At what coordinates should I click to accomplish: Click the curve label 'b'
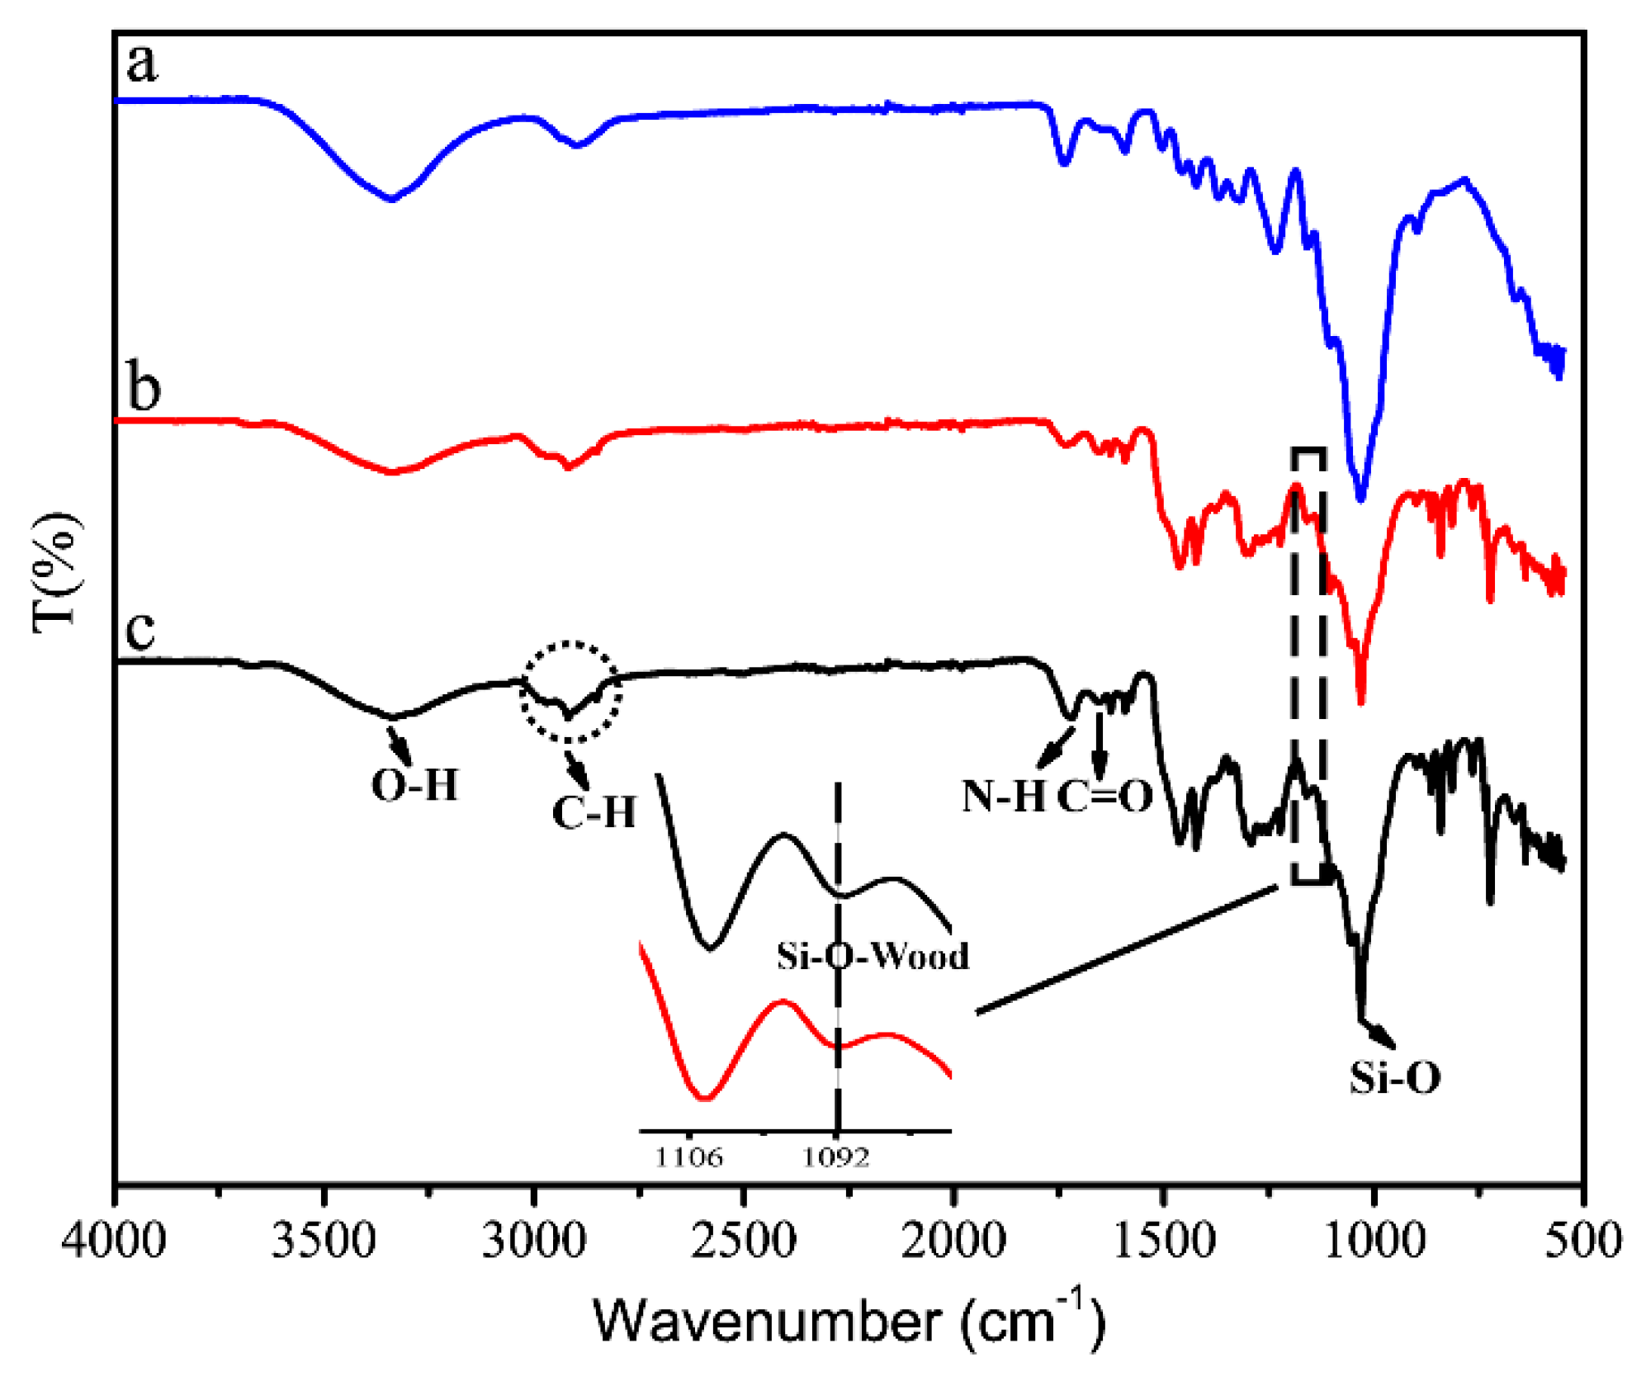(x=144, y=388)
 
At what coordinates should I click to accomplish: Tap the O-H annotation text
(x=414, y=785)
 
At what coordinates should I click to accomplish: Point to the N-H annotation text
(x=1004, y=797)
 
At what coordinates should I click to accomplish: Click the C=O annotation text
(x=1104, y=797)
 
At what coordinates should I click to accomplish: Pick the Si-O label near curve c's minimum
(x=1395, y=1077)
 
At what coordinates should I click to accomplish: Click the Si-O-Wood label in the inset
(x=873, y=956)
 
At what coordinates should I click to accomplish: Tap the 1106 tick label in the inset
(x=688, y=1157)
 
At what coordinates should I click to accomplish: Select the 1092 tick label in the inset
(x=836, y=1157)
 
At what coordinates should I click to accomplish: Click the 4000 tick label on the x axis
(x=114, y=1241)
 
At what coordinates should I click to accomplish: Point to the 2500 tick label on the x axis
(x=744, y=1241)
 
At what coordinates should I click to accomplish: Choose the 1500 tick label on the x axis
(x=1163, y=1241)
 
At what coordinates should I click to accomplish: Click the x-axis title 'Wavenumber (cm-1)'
(x=848, y=1320)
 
